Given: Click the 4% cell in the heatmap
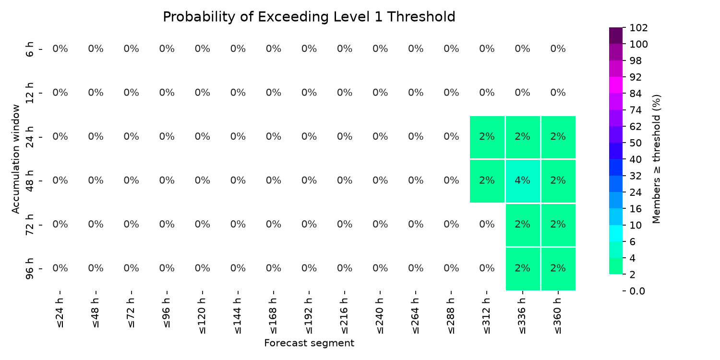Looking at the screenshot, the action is (522, 181).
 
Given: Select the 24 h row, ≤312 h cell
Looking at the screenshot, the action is (487, 137).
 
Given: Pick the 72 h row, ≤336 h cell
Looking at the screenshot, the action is (522, 225).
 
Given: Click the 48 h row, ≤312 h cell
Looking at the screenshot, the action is (487, 181).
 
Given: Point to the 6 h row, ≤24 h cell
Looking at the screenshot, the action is (60, 49).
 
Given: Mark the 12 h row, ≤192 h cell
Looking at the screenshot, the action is (309, 93).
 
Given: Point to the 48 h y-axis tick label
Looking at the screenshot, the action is (29, 181).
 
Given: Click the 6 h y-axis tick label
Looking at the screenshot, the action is (29, 49).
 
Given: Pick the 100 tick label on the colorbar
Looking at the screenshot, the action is (638, 44).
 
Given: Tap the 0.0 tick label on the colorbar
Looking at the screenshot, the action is (637, 291).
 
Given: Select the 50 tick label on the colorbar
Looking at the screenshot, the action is (636, 143).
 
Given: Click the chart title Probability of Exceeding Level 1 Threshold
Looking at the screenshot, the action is (309, 17).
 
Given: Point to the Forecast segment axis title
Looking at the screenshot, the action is (309, 343).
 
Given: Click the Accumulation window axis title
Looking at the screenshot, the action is (16, 159).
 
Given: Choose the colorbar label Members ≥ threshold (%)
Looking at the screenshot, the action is (656, 159).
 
